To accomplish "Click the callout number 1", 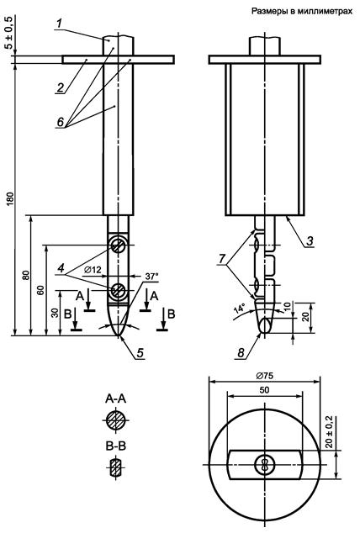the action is click(x=59, y=24).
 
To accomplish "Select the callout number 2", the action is click(x=61, y=87).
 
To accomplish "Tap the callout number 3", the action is click(x=310, y=241).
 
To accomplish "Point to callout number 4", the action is click(x=61, y=268).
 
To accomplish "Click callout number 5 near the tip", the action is click(x=140, y=353).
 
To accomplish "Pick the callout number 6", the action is click(x=61, y=122).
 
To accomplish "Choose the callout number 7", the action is click(x=222, y=259).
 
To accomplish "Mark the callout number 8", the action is click(x=241, y=353).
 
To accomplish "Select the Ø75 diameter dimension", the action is click(x=264, y=376).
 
